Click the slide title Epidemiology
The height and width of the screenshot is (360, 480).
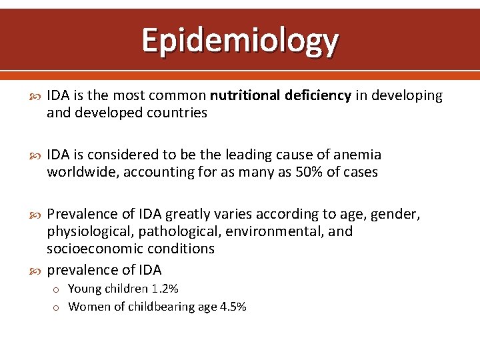tap(240, 41)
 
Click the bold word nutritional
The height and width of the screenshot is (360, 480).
tap(246, 95)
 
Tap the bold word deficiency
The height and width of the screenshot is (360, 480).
tap(318, 95)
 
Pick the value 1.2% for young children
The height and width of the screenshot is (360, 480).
tap(165, 289)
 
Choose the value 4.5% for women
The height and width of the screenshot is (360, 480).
tap(232, 307)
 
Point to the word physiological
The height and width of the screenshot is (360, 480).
tap(89, 231)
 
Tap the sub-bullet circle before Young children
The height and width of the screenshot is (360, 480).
tap(58, 289)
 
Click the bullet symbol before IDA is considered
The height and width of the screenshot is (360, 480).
tap(37, 155)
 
